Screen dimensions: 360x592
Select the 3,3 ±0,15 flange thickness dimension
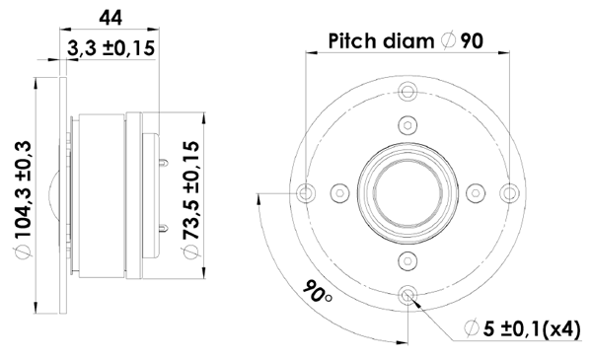(x=111, y=48)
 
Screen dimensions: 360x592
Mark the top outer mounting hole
(x=407, y=92)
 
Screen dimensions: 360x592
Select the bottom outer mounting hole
(x=407, y=292)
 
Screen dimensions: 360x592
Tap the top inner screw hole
(x=407, y=124)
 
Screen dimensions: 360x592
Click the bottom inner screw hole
(x=407, y=259)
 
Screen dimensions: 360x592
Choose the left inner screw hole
(x=340, y=191)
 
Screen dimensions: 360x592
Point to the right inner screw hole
(x=475, y=191)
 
